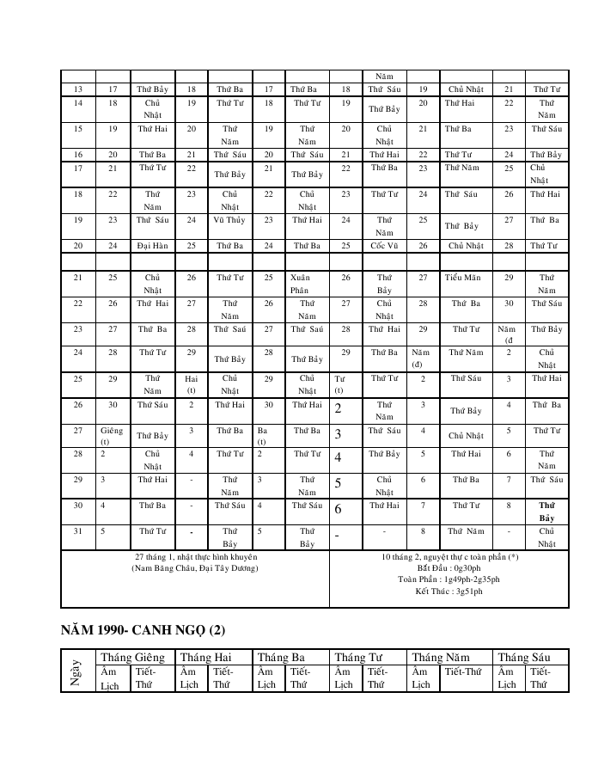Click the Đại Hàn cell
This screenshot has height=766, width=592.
click(x=152, y=245)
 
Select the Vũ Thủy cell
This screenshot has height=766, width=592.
click(x=229, y=219)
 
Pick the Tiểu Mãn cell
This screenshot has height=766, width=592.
click(x=463, y=277)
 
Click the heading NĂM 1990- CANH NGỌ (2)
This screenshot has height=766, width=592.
click(x=143, y=630)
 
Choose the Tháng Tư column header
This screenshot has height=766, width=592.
click(x=362, y=657)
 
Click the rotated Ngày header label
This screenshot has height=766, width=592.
click(x=78, y=670)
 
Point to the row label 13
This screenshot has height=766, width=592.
click(x=78, y=89)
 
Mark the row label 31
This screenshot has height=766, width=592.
click(x=78, y=530)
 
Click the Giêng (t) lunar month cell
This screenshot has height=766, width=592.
click(x=112, y=435)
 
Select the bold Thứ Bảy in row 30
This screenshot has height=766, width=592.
click(x=546, y=512)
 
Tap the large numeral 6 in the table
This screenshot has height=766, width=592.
click(x=338, y=509)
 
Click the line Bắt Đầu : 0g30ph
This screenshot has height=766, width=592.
click(x=449, y=568)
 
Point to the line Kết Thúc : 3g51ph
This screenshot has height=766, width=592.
click(x=449, y=591)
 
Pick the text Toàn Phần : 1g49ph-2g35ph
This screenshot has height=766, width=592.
click(x=449, y=579)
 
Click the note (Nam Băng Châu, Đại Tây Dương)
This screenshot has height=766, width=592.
click(x=194, y=568)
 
